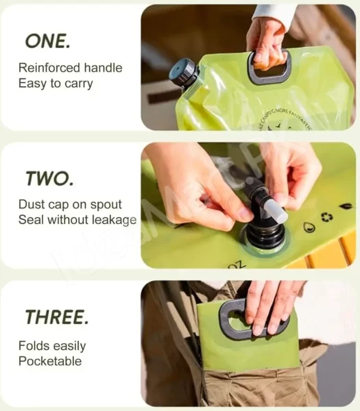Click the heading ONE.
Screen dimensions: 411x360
[47, 40]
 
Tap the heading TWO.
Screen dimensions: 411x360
[49, 179]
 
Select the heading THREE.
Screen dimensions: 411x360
[57, 317]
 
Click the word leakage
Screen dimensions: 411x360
[114, 220]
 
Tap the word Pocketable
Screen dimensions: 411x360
[50, 361]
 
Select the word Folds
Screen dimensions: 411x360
[33, 346]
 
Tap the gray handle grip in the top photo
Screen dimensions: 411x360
[269, 68]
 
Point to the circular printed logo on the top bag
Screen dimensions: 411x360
[296, 115]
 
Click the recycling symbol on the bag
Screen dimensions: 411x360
[326, 217]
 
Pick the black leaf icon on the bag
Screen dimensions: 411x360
[345, 206]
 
